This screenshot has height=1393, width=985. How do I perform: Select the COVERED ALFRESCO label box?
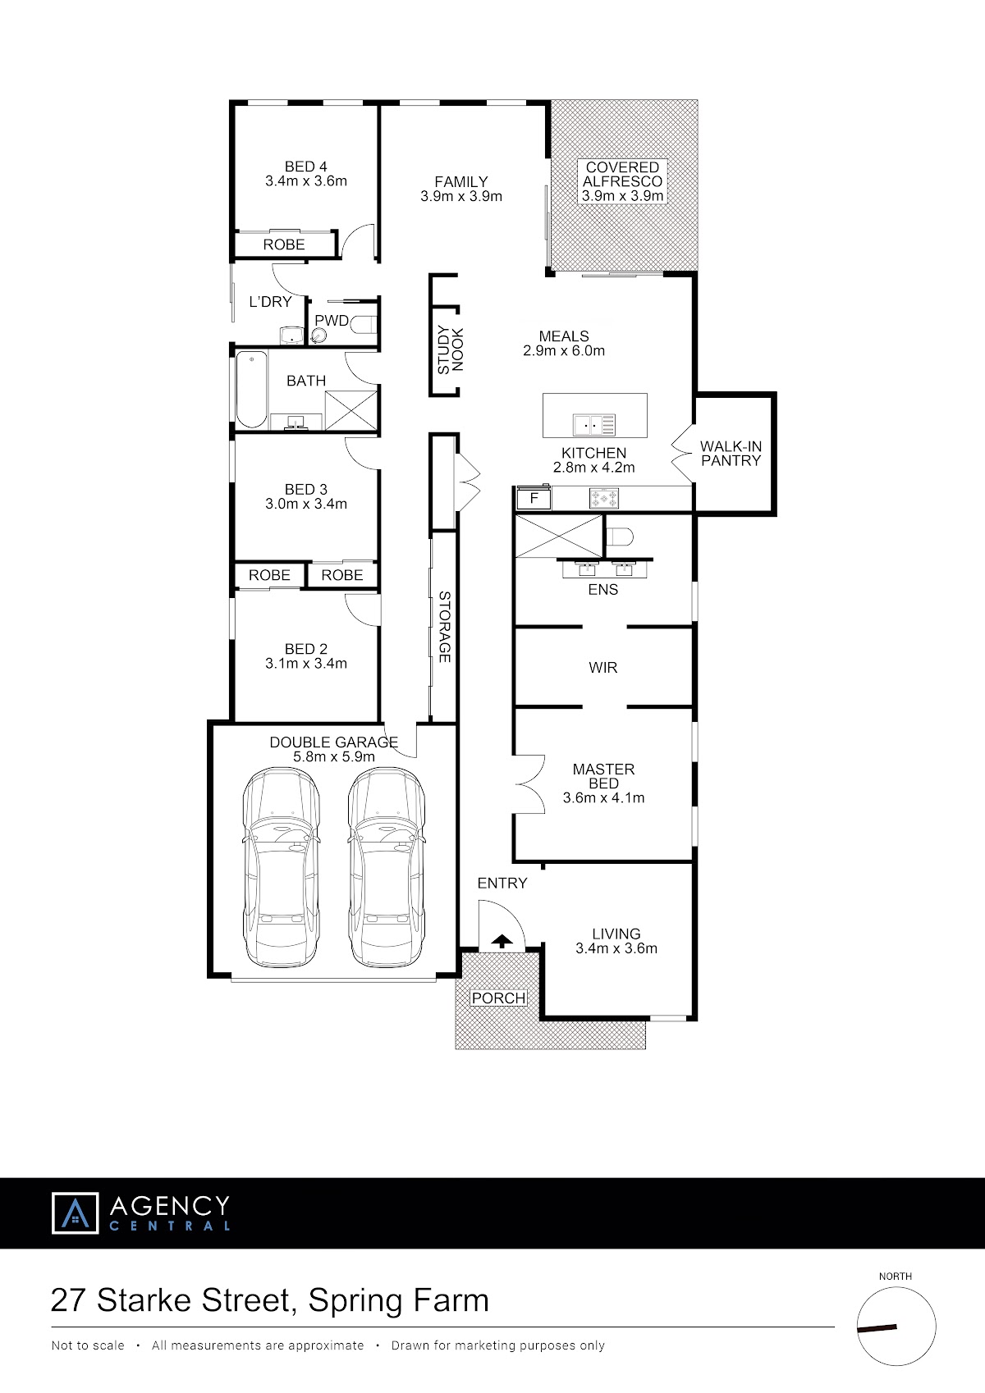click(x=622, y=181)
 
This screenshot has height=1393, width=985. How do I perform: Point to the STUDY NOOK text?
click(x=451, y=349)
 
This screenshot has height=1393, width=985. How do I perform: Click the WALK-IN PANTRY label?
click(x=731, y=454)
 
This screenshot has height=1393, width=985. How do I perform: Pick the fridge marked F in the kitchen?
click(x=534, y=498)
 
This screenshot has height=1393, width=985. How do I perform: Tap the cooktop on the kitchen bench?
click(x=604, y=498)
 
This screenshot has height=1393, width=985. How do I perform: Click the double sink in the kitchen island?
click(x=594, y=425)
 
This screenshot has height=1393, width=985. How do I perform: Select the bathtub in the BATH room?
click(x=251, y=390)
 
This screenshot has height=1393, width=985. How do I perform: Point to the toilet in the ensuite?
click(x=619, y=536)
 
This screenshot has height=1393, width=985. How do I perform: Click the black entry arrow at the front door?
click(x=502, y=941)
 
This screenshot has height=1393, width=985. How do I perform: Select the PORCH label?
click(x=498, y=998)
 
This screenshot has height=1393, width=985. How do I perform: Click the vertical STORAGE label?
click(x=444, y=627)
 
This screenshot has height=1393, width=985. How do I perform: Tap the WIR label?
click(x=603, y=667)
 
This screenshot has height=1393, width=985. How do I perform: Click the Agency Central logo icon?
click(x=75, y=1213)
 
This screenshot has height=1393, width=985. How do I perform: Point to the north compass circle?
click(x=896, y=1327)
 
